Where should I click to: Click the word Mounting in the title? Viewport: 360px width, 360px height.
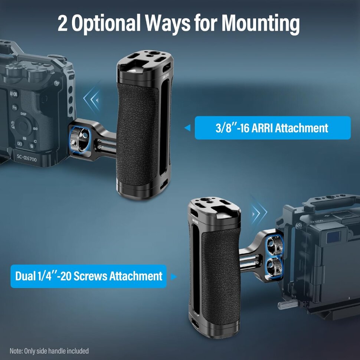261,24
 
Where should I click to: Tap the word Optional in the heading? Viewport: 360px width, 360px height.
106,24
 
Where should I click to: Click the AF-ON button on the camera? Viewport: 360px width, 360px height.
13,95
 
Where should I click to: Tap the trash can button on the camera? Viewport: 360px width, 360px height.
32,146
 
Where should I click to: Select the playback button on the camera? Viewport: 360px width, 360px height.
20,144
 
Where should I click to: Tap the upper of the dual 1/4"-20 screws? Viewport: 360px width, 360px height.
274,245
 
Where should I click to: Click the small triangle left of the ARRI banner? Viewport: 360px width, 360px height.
187,128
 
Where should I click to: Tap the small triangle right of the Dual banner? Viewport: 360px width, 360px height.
173,276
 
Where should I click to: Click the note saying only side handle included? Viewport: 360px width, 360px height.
49,351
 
